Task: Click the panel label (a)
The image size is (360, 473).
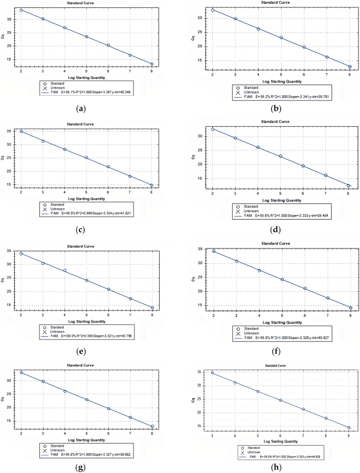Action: (80, 109)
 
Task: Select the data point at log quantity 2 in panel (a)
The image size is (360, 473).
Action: (21, 10)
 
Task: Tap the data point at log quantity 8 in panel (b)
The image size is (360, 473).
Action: (349, 67)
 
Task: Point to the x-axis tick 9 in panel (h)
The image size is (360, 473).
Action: (348, 435)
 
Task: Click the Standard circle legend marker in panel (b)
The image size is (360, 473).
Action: (238, 88)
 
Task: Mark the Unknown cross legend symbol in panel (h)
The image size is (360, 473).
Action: (242, 452)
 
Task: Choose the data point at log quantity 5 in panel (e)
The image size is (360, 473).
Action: (87, 280)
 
